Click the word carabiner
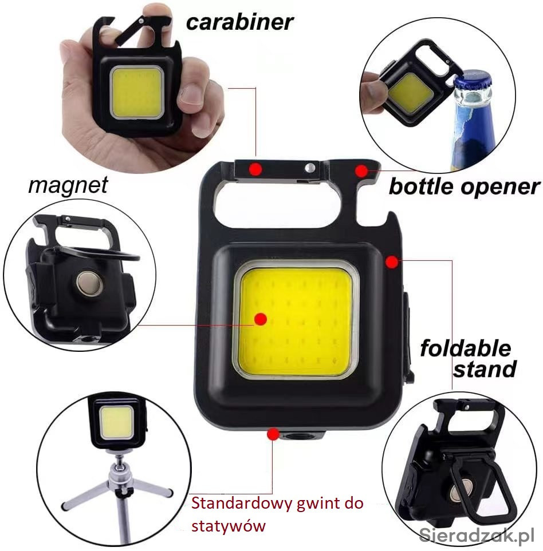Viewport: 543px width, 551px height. [239, 22]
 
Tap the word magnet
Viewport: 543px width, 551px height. [68, 185]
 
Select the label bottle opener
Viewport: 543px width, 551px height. [464, 187]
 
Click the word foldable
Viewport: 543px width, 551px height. [466, 348]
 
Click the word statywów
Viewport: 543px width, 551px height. [229, 526]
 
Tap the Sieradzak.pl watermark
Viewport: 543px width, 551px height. [477, 535]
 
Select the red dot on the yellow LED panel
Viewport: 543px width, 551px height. [261, 319]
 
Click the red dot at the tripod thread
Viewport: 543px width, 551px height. [273, 434]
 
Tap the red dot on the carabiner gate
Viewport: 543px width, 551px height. [255, 169]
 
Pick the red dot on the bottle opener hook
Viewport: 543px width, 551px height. [361, 171]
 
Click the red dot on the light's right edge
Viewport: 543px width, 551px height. [392, 262]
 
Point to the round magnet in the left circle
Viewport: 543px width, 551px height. [90, 283]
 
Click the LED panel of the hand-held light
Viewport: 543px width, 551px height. [137, 92]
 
